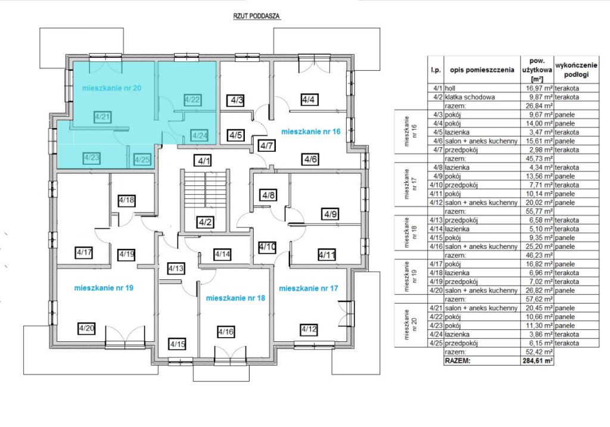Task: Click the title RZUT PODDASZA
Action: click(256, 16)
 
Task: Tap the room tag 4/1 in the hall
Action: click(204, 161)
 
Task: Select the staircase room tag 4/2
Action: click(205, 223)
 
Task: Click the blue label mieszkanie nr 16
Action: click(310, 132)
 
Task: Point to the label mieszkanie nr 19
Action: click(104, 288)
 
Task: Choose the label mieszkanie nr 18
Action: click(235, 298)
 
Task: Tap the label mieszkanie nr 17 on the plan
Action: click(309, 288)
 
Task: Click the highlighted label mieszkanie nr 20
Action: click(111, 88)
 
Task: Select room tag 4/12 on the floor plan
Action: click(309, 329)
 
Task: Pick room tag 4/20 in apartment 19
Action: click(86, 328)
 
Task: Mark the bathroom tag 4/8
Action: click(269, 195)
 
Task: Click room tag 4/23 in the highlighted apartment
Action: click(92, 157)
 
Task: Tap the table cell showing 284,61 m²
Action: click(538, 361)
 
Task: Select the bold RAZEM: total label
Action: click(457, 361)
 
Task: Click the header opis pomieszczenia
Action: click(482, 70)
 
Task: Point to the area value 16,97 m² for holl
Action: click(537, 88)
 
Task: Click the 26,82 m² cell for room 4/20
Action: click(537, 291)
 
